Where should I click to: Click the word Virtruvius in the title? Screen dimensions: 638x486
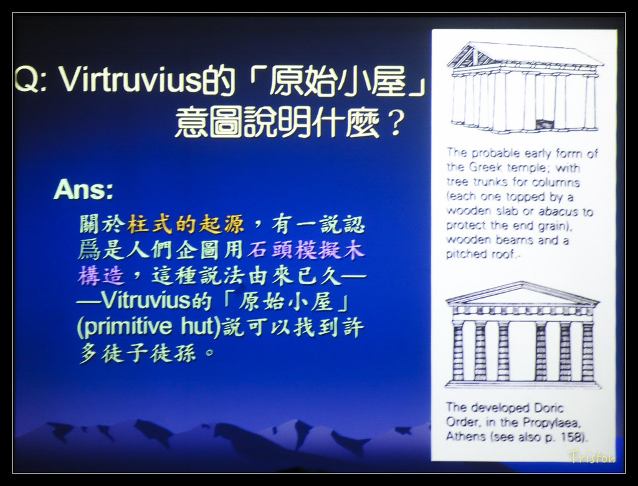coord(130,79)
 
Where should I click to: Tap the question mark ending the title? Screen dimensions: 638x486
coord(395,122)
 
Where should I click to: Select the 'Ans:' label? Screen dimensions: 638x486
coord(83,189)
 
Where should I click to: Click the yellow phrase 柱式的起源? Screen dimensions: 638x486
coord(186,224)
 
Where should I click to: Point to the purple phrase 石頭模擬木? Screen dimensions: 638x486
coord(307,250)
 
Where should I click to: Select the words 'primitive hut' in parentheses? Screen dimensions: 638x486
coord(149,327)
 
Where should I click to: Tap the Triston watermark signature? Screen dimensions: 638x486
coord(593,457)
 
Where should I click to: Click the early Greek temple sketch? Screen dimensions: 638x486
coord(525,87)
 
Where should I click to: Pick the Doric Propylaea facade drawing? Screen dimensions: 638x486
coord(523,334)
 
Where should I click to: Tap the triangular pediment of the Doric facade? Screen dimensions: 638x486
coord(523,293)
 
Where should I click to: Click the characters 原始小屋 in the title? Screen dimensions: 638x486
coord(338,80)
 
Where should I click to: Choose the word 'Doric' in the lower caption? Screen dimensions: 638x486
coord(548,408)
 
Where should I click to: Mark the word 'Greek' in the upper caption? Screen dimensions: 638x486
coord(485,167)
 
